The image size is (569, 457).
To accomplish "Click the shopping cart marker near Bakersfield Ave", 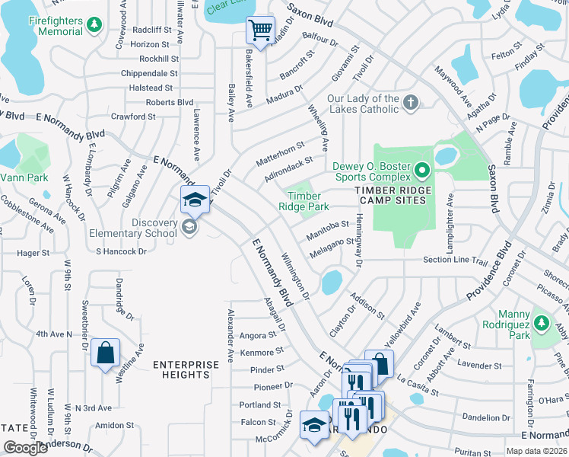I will click(x=260, y=31).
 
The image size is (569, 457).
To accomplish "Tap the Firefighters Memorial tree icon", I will click(x=94, y=25).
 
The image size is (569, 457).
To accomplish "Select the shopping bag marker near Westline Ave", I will click(x=105, y=353).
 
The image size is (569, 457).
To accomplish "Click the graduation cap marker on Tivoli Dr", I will click(x=195, y=200).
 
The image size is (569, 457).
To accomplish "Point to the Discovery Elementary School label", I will click(x=144, y=228).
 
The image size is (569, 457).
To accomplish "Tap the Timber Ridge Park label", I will click(x=303, y=201).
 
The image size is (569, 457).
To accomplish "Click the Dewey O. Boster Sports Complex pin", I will click(x=424, y=168).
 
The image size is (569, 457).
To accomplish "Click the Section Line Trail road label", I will click(x=454, y=260).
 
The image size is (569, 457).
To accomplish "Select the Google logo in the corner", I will click(x=25, y=448).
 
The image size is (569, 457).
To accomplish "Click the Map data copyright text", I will click(x=536, y=451).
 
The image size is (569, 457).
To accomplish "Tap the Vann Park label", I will click(x=24, y=177).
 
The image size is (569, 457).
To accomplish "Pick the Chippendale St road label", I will click(x=149, y=74).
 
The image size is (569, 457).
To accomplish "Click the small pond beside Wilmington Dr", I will click(x=331, y=282).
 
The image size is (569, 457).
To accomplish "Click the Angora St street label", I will click(x=256, y=335).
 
